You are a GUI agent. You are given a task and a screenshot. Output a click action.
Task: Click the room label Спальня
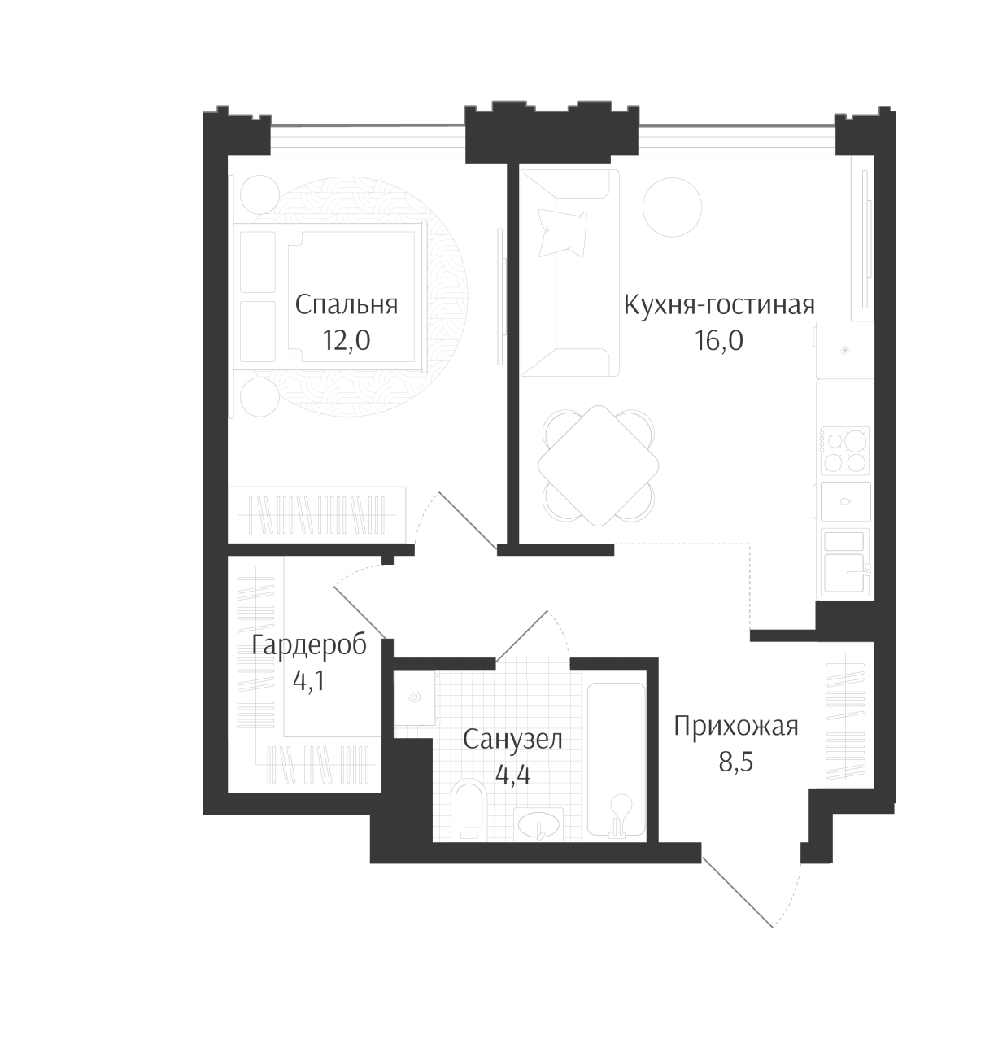[x=346, y=304]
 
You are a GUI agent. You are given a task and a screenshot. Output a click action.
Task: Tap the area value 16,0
[x=718, y=340]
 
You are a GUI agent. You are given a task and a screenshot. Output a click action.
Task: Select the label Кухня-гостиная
[x=719, y=304]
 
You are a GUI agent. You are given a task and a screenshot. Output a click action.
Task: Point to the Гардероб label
[x=309, y=644]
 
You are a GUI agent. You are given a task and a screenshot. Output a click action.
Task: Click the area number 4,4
[x=512, y=775]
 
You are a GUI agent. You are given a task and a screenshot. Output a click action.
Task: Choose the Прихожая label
[x=735, y=727]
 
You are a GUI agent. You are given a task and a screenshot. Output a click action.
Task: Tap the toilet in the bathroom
[x=468, y=810]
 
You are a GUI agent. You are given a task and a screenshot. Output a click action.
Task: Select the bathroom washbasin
[x=538, y=823]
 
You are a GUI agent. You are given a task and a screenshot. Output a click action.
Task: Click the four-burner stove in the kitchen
[x=844, y=450]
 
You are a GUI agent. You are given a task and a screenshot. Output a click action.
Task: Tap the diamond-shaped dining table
[x=598, y=465]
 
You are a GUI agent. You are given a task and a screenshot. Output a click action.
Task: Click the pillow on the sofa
[x=563, y=232]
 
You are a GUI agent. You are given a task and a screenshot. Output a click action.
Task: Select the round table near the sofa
[x=672, y=207]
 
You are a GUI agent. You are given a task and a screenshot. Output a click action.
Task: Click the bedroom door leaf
[x=468, y=521]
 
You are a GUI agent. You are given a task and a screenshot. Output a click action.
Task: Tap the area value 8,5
[x=735, y=762]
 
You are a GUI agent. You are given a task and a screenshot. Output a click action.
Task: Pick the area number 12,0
[x=346, y=340]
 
